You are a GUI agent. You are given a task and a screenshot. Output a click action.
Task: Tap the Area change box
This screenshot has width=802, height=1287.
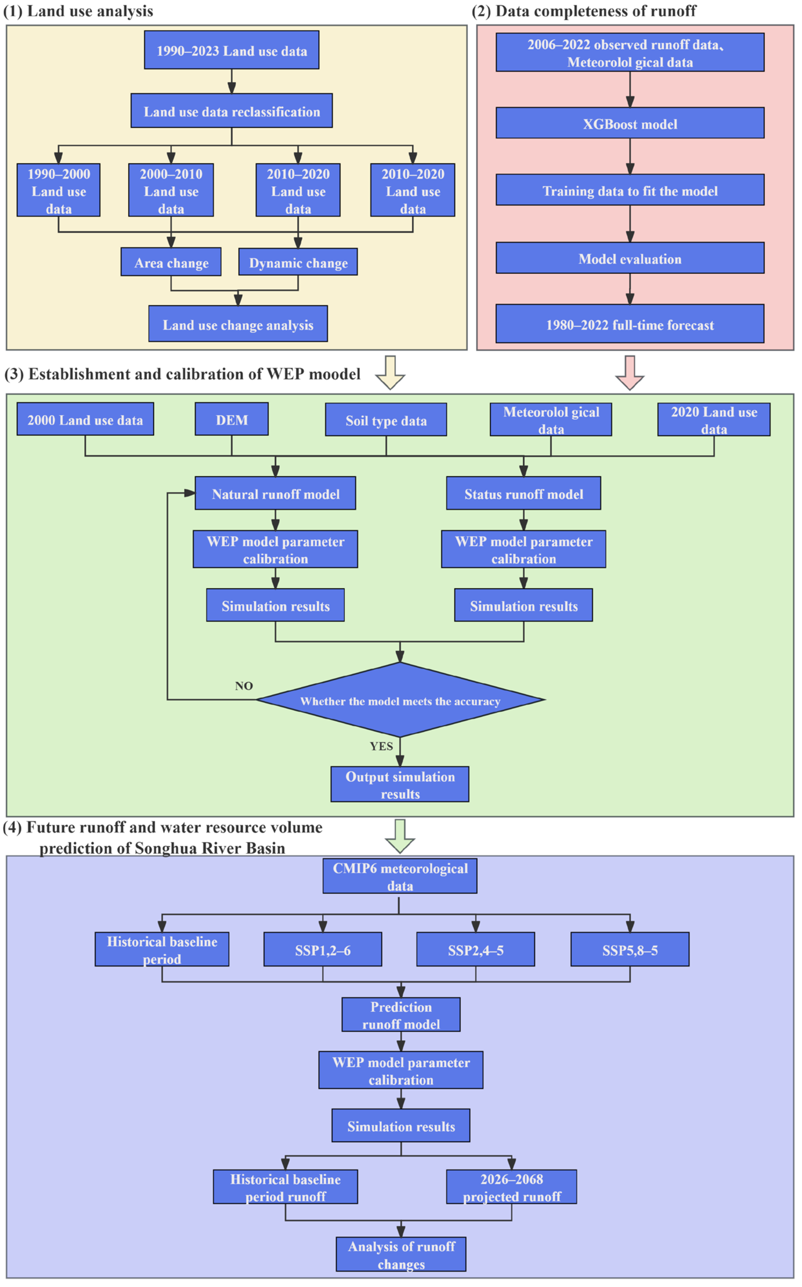tap(171, 262)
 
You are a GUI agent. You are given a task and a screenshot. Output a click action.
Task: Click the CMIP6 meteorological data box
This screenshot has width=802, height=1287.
tap(400, 876)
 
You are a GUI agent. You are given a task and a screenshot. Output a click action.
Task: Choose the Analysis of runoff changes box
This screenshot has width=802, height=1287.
tap(401, 1254)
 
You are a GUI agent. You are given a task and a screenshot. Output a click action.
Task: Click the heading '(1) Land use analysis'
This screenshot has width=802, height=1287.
tap(78, 11)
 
